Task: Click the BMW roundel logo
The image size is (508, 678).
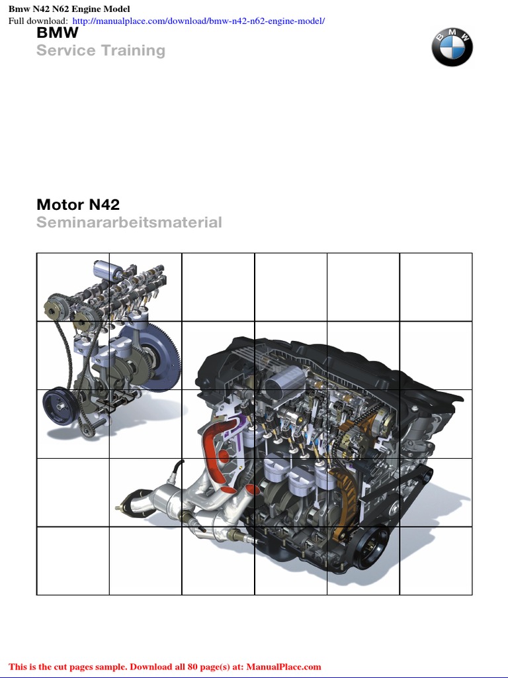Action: click(x=452, y=46)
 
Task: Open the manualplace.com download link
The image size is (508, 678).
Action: click(x=198, y=21)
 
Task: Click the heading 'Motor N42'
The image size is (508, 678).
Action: click(x=78, y=205)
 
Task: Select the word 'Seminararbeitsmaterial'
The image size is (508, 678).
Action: click(x=129, y=222)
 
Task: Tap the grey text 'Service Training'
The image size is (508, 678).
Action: click(x=101, y=50)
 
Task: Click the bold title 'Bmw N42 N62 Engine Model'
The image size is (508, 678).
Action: click(x=69, y=9)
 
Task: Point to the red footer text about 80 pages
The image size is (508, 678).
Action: click(x=165, y=667)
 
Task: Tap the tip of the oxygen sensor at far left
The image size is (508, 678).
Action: click(x=120, y=508)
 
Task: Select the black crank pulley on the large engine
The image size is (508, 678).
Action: click(x=370, y=546)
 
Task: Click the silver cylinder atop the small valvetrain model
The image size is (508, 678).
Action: click(x=105, y=269)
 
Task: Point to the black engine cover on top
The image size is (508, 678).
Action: click(x=317, y=358)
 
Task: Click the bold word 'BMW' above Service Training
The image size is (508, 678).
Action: click(x=58, y=33)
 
